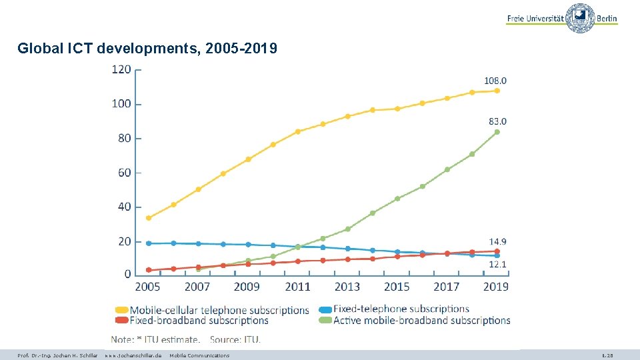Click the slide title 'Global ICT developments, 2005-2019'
(147, 49)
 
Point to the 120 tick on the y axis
(121, 69)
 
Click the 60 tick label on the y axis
(125, 173)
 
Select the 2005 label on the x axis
(148, 287)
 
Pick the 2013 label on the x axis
(347, 287)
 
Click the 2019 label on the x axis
(496, 287)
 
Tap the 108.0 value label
(495, 81)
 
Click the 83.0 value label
(497, 121)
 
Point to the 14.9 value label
(497, 241)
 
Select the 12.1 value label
(497, 265)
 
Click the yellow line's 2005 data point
(149, 218)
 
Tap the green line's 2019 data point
(497, 132)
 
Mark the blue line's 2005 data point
(149, 243)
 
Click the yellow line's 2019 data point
(497, 91)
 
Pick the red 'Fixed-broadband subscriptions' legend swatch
(121, 321)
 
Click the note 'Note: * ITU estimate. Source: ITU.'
(185, 340)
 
